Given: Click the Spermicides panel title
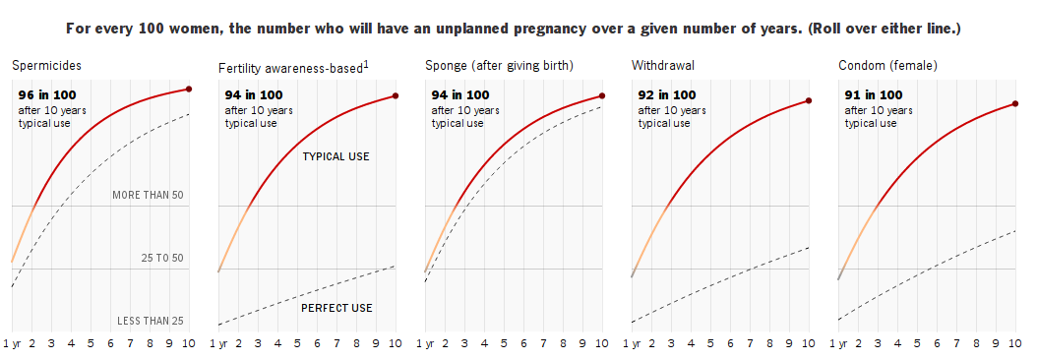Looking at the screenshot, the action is click(46, 66).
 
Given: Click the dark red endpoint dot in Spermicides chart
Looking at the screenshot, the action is click(189, 89).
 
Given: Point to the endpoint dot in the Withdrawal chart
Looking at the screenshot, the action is click(808, 100).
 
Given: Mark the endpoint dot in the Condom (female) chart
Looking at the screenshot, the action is click(1015, 103).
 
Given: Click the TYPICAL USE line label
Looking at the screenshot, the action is click(335, 156).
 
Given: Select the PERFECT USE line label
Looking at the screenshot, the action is click(336, 309).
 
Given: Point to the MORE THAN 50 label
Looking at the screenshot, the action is click(148, 195).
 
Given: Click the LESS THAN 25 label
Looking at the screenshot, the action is click(151, 322).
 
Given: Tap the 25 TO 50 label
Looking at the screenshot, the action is click(162, 258).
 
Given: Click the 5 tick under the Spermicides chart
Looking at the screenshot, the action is click(91, 343).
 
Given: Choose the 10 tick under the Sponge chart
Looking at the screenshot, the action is click(602, 343).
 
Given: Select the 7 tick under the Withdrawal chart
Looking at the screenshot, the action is click(750, 343).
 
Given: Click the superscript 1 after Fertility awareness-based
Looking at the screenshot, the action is click(366, 63).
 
